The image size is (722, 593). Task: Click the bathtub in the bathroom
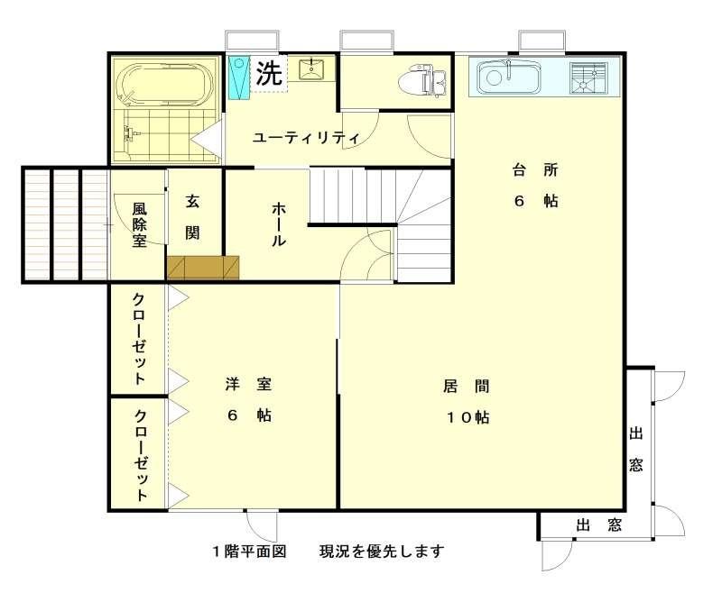point(166,84)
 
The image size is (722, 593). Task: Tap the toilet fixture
point(421,81)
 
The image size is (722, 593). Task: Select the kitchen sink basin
point(508,78)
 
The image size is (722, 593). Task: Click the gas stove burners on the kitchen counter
point(589,78)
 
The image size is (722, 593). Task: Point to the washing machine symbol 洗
point(269,73)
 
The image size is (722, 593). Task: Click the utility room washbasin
point(311,69)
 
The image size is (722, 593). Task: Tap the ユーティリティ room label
point(306,138)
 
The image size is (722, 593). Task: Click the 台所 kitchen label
point(535,170)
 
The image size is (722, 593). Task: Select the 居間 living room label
point(466,386)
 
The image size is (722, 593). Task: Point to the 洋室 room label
point(249,383)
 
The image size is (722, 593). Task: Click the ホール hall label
point(279,224)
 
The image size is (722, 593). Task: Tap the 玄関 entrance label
point(192,216)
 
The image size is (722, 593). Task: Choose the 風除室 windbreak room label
point(140,224)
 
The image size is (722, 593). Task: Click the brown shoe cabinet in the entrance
point(203,267)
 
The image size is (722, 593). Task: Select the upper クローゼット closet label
point(139,338)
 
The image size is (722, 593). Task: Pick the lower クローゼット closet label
point(141,455)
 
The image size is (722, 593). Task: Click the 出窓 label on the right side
point(636,449)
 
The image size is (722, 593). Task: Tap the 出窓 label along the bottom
point(598,525)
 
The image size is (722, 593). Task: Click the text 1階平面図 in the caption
point(249,551)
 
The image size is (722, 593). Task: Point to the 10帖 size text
point(467,417)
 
